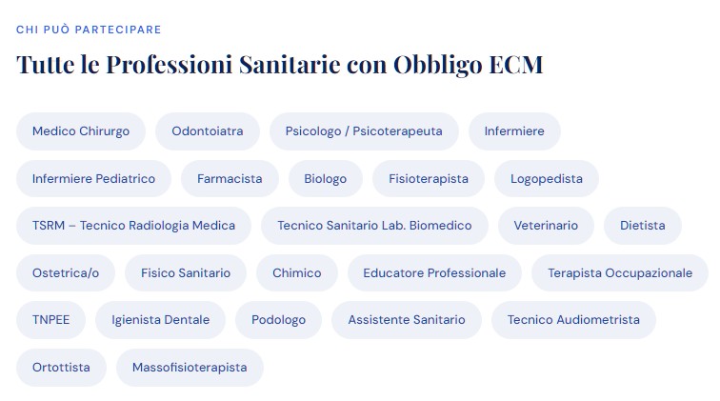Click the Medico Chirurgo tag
coord(81,131)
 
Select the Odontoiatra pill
coord(208,131)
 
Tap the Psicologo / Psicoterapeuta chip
coord(364,131)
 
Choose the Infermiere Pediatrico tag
coord(93,179)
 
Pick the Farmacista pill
coord(230,179)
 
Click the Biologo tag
coord(326,179)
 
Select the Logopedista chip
coord(547,179)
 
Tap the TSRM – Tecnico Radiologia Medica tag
coord(133,226)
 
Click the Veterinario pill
coord(546,226)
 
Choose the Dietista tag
coord(643,226)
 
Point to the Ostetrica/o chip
coord(66,272)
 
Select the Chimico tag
coord(297,272)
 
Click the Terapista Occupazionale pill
coord(620,272)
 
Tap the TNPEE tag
coord(51,320)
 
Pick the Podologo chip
coord(278,320)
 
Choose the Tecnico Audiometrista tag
coord(573,320)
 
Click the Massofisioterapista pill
coord(190,368)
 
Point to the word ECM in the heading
coord(515,65)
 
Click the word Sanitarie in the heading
coord(290,65)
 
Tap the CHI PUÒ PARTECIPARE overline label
coord(89,30)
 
